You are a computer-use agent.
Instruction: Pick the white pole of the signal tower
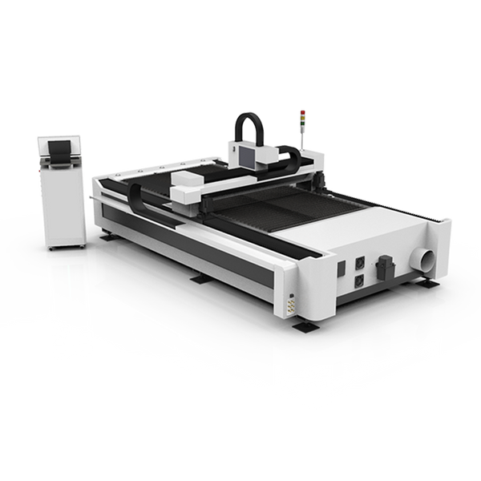(303, 136)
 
